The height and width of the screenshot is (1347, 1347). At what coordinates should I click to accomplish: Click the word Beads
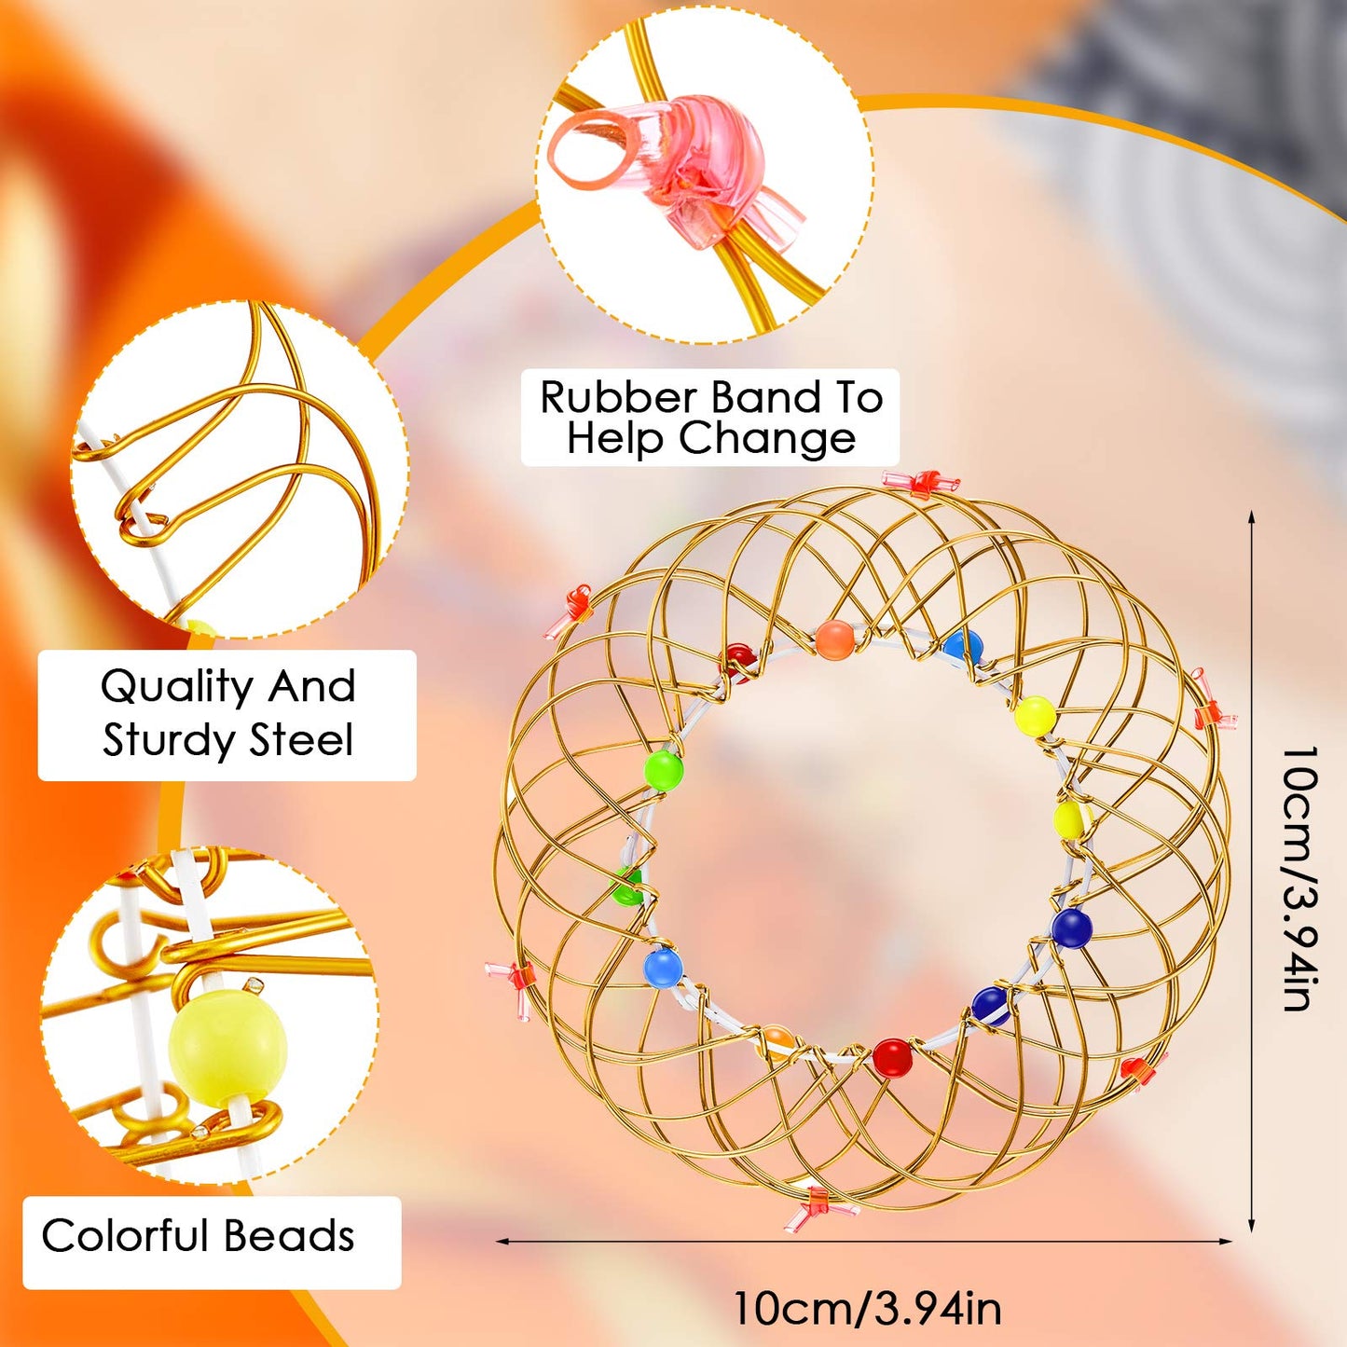click(289, 1235)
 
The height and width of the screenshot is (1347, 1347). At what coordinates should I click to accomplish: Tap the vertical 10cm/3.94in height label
click(1301, 879)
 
